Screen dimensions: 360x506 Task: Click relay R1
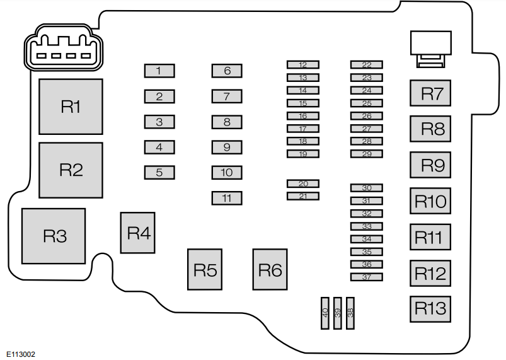pos(71,107)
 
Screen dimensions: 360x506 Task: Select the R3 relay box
pos(54,236)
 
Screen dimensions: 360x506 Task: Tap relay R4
pos(138,233)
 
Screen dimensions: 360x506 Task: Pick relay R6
pos(270,270)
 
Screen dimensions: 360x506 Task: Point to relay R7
pos(432,94)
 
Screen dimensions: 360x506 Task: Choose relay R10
pos(430,202)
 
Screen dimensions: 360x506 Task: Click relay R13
pos(430,309)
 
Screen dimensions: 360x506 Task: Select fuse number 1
pos(159,71)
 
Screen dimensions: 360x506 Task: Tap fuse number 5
pos(159,172)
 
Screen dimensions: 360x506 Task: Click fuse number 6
pos(227,71)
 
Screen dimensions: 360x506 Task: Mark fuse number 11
pos(227,198)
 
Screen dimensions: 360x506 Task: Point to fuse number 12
pos(303,64)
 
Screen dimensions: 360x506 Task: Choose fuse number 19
pos(303,154)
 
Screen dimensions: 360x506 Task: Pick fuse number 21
pos(303,196)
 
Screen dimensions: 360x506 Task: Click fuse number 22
pos(367,64)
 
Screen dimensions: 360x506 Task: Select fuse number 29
pos(367,154)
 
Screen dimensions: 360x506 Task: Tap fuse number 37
pos(367,277)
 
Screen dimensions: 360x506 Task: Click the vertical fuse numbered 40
pos(325,313)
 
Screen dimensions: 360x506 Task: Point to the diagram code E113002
pos(21,354)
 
